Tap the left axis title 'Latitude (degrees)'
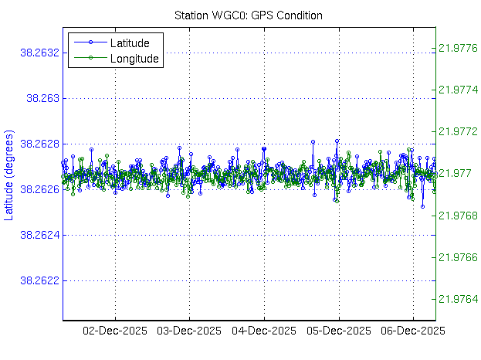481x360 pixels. [9, 172]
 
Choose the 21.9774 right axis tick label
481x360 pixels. [457, 90]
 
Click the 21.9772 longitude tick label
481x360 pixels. [457, 132]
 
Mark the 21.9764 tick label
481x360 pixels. [457, 299]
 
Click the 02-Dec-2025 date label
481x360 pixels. [114, 331]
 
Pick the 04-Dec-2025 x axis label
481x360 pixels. [264, 331]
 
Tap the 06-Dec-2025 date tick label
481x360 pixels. [413, 331]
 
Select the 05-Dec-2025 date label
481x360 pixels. [338, 331]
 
